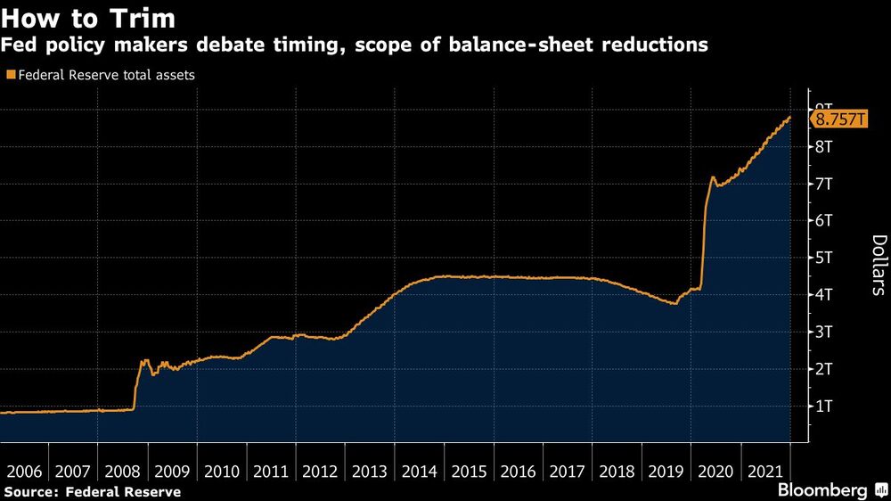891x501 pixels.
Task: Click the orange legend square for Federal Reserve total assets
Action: click(x=11, y=76)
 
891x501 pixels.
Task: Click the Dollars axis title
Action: click(x=878, y=265)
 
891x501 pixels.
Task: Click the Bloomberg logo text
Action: click(x=823, y=490)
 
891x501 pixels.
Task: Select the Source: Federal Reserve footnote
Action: click(x=93, y=491)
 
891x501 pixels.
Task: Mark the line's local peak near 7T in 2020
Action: click(x=712, y=177)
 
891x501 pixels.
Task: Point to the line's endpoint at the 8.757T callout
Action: click(x=789, y=118)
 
